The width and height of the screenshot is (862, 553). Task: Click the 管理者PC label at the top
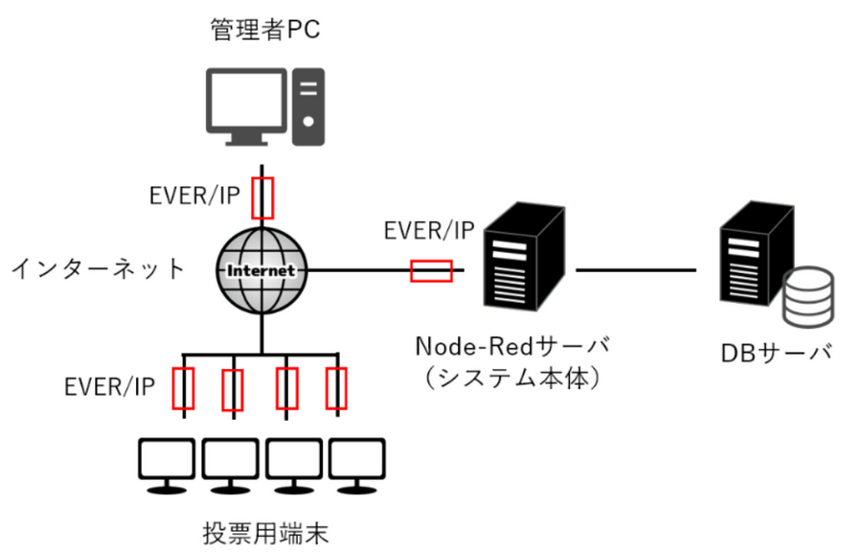click(x=264, y=32)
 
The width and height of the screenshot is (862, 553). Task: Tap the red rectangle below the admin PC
click(x=261, y=197)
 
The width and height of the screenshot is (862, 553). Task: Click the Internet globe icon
click(x=261, y=271)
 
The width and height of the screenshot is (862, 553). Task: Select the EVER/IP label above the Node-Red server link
click(x=428, y=231)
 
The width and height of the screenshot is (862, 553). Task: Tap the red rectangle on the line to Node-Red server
click(x=431, y=271)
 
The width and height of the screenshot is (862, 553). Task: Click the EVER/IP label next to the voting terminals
click(x=110, y=387)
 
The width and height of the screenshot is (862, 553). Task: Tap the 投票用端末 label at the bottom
click(x=265, y=533)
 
